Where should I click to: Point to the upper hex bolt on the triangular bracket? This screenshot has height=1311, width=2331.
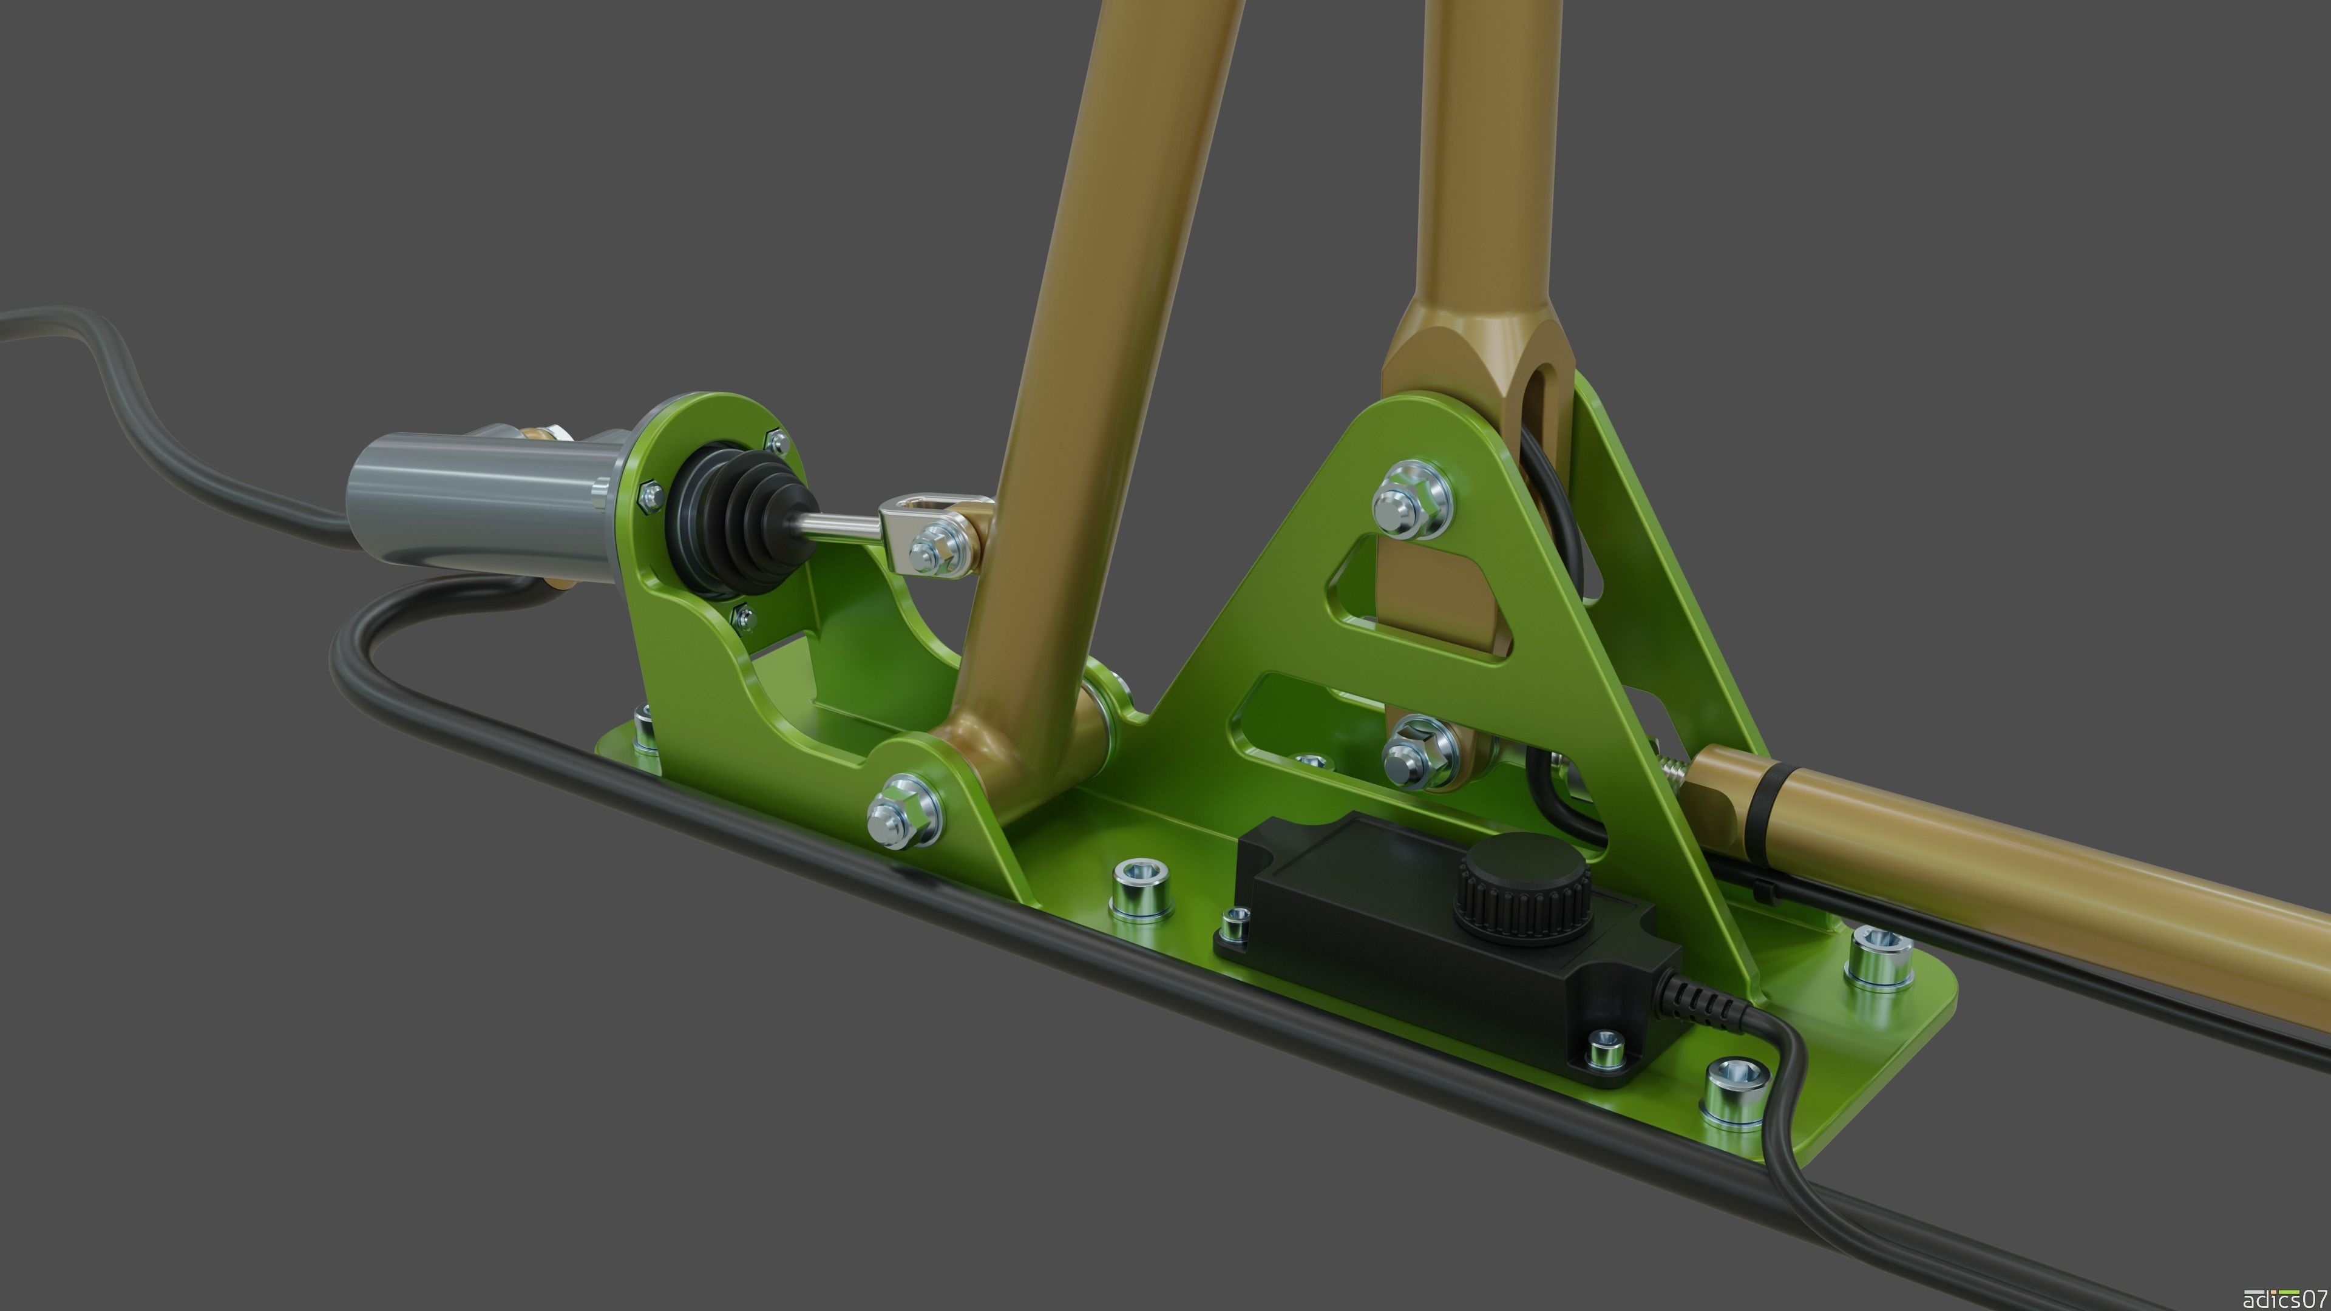pyautogui.click(x=1411, y=500)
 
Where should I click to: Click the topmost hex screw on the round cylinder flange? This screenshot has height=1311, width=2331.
pyautogui.click(x=776, y=441)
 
